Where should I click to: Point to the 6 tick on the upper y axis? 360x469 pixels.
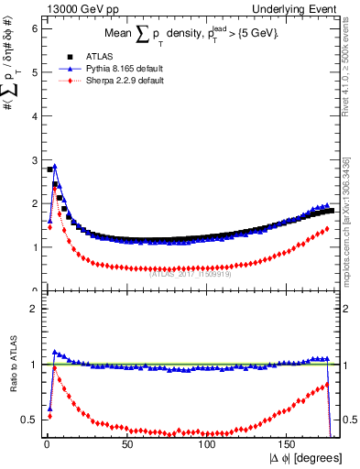tap(33, 28)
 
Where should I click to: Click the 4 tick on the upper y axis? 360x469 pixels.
tap(33, 115)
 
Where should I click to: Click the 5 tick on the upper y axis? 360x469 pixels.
tap(33, 72)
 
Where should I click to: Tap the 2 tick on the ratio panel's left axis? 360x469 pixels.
tap(33, 309)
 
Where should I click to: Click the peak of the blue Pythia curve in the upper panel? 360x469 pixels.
tap(55, 167)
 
